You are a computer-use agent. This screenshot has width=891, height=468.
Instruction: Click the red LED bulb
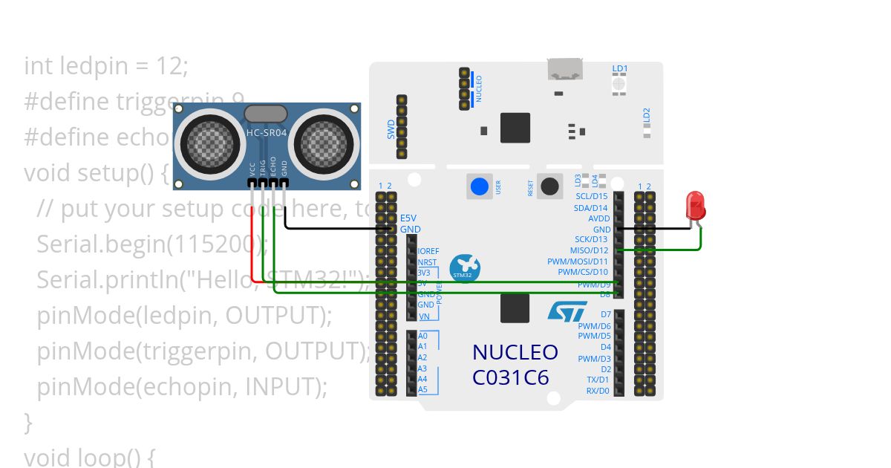click(x=696, y=204)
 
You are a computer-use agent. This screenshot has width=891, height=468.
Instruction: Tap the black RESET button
click(x=550, y=186)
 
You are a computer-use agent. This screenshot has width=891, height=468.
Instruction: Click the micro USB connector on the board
click(x=565, y=69)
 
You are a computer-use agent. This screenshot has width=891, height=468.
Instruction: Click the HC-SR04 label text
click(x=265, y=133)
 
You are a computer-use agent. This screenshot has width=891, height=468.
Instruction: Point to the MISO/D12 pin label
click(x=590, y=251)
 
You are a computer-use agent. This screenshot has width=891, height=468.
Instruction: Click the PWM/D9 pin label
click(x=594, y=284)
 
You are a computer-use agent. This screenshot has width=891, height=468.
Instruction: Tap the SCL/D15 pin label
click(x=592, y=197)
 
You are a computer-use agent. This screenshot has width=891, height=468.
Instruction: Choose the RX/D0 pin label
click(x=598, y=391)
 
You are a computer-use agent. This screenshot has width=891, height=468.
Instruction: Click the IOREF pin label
click(x=428, y=252)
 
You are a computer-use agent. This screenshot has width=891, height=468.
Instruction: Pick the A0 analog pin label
click(x=422, y=336)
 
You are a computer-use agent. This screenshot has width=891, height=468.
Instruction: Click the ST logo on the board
click(x=567, y=311)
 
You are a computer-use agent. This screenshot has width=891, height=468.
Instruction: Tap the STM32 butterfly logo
click(x=465, y=268)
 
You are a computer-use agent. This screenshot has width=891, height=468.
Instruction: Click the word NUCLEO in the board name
click(x=515, y=352)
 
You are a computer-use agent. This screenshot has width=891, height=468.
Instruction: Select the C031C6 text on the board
click(x=510, y=377)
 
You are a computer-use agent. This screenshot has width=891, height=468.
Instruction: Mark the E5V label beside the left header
click(x=408, y=219)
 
